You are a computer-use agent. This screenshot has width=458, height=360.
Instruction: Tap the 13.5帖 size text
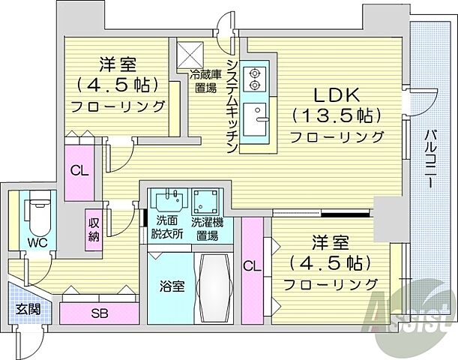[338, 115]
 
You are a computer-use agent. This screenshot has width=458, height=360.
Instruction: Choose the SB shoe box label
[99, 313]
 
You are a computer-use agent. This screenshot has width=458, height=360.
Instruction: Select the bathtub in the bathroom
[216, 287]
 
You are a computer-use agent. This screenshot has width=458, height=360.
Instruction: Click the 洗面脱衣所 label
[166, 228]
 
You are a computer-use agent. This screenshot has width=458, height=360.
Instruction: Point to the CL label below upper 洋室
[79, 169]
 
